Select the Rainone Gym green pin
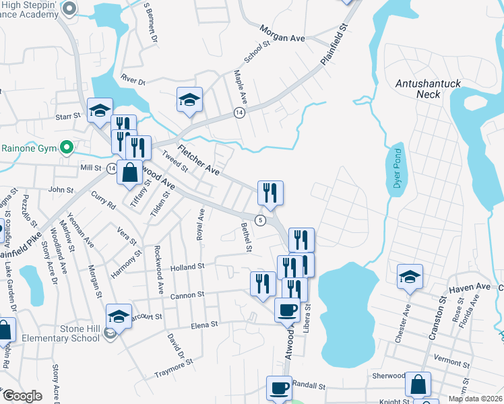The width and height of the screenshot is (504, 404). [x=66, y=146]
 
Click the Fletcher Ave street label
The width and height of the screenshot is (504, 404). [x=199, y=160]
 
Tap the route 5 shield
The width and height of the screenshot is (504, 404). [x=259, y=220]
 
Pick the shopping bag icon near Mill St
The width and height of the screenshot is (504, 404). [x=130, y=172]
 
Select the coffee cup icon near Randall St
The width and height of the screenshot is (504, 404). [x=280, y=388]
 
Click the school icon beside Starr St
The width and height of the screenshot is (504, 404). [x=100, y=110]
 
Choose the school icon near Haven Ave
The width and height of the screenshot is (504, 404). [x=410, y=277]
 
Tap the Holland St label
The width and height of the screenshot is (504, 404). [x=187, y=267]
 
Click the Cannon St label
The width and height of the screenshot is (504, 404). [x=187, y=295]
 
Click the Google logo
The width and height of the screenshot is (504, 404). [x=22, y=396]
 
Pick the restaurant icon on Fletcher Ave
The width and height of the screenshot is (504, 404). [x=270, y=193]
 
